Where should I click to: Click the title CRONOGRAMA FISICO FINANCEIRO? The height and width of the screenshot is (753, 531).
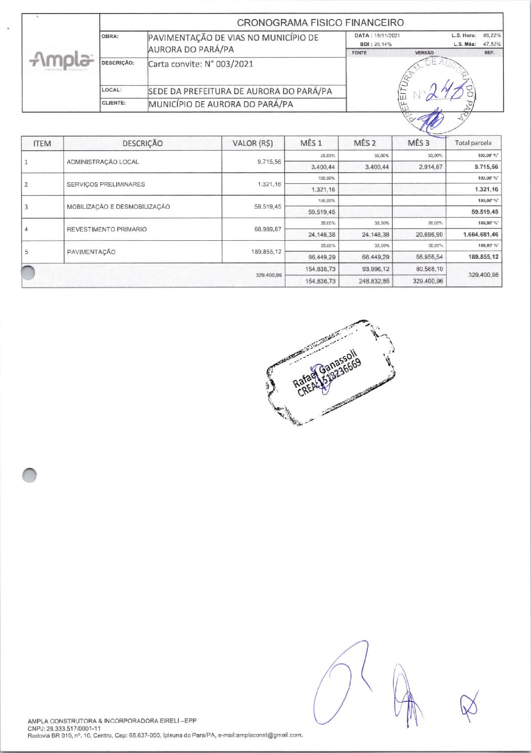pos(320,23)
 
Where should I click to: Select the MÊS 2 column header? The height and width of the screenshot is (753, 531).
pos(365,143)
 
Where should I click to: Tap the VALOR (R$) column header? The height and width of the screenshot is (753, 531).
pos(252,143)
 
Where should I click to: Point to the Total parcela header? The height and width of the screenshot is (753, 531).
pos(473,143)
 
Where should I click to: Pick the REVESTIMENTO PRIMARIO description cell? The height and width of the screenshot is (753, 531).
pos(107,229)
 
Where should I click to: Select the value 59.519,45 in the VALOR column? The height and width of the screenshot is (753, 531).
pos(268,207)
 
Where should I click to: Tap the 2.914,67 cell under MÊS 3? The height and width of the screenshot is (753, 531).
pos(430,167)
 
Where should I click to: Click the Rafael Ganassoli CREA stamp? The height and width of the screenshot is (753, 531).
pos(329,373)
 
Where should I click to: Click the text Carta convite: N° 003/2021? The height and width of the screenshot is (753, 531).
pos(201,64)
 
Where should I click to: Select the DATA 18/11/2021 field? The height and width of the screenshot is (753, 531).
pos(377,36)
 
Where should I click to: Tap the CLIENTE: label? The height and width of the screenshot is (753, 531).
pos(114,103)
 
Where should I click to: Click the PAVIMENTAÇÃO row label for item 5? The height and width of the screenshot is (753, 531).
pos(91,252)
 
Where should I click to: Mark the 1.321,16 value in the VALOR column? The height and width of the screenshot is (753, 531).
pos(269,184)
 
